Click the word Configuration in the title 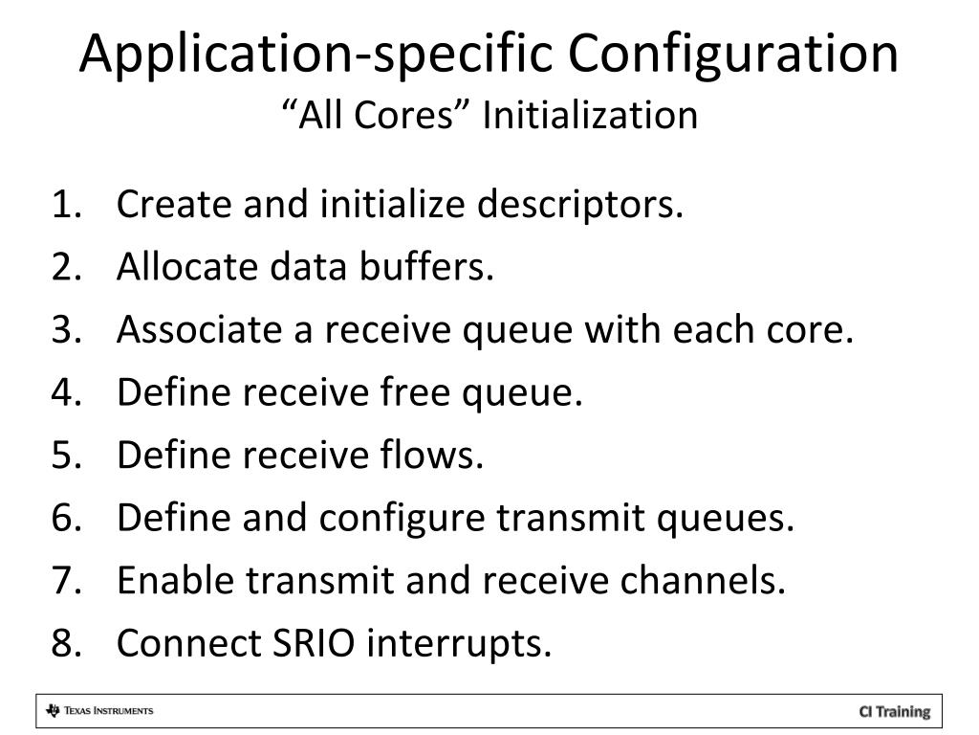click(734, 55)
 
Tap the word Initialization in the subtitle click(589, 116)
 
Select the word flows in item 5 click(436, 456)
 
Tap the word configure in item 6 click(402, 519)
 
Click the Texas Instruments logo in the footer click(99, 711)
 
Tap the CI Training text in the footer click(894, 711)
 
